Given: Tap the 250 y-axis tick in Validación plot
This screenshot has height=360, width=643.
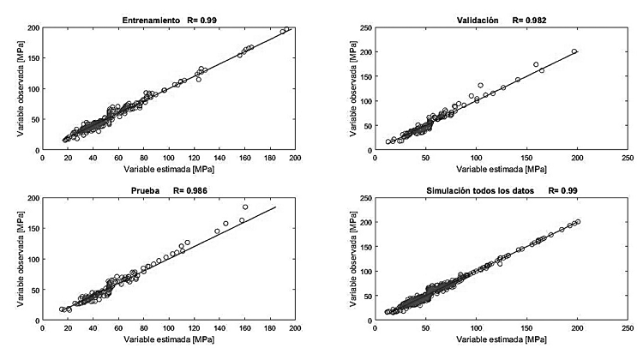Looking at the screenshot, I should coord(364,27).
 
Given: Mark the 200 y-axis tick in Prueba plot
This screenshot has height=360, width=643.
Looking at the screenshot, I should coord(31,198).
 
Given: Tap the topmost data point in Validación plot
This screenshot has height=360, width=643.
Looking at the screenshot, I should coord(574,51).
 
